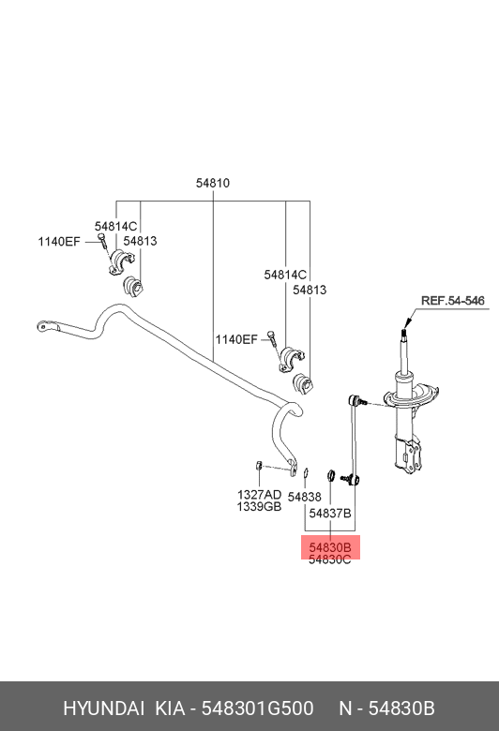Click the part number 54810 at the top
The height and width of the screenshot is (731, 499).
click(x=213, y=184)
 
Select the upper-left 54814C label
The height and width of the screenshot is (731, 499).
click(x=116, y=226)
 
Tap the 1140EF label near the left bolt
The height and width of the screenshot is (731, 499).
click(x=59, y=242)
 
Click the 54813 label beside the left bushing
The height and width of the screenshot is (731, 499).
click(x=140, y=242)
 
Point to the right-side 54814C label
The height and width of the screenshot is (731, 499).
click(x=285, y=275)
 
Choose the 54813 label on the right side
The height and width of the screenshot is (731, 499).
click(x=310, y=291)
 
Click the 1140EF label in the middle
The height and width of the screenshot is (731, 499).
click(x=235, y=339)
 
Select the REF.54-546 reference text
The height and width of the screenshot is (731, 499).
click(x=452, y=301)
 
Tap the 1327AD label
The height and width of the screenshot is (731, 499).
click(x=258, y=493)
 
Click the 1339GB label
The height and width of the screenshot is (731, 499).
click(x=258, y=506)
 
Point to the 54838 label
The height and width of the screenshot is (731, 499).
click(x=305, y=497)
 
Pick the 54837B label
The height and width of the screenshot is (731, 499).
click(x=330, y=514)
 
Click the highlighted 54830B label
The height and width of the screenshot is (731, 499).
click(x=330, y=547)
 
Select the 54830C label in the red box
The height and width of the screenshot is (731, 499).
click(x=330, y=559)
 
